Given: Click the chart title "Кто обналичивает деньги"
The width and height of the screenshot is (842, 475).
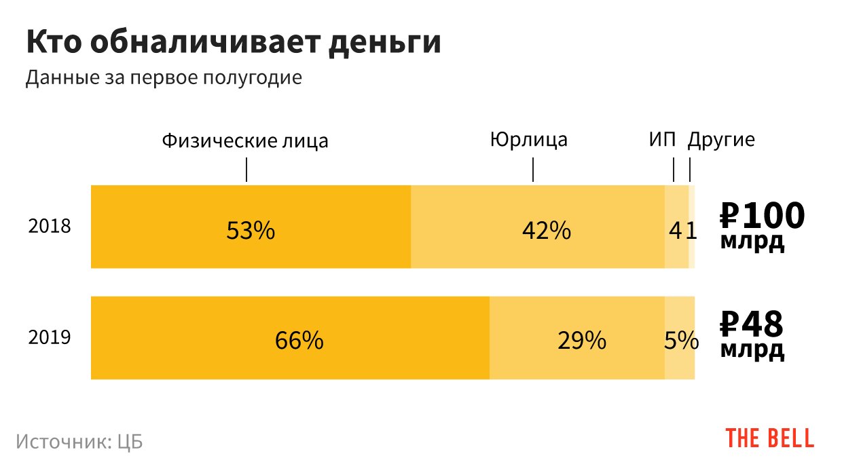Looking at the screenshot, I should tap(234, 43).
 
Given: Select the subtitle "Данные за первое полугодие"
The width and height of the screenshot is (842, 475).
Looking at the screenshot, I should tap(163, 78).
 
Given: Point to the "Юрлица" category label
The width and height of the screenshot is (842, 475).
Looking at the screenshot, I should tap(528, 140).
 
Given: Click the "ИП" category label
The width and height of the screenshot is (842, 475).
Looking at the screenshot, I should tap(662, 140).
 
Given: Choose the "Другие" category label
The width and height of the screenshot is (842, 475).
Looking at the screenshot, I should tap(721, 140).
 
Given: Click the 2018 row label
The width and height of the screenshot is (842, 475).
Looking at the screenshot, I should tap(49, 226).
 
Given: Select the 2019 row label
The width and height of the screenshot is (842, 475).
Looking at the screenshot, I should tap(49, 337).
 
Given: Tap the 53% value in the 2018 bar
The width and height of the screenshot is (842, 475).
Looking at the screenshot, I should tap(250, 231).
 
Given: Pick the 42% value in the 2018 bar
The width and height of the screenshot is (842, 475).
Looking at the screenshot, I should tap(546, 231).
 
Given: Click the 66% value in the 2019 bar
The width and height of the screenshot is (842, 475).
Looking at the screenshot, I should tap(299, 340).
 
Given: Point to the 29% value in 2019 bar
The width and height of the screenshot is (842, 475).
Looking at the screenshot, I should tap(581, 340).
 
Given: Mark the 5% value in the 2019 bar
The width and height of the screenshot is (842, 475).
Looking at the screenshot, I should tap(680, 340).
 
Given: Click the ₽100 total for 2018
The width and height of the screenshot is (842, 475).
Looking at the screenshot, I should tap(762, 216).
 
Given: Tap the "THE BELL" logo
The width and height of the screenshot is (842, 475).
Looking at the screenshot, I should tap(769, 438).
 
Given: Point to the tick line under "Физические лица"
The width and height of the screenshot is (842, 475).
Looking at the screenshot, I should tap(246, 170).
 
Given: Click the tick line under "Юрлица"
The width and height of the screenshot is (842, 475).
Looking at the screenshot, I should tap(533, 170).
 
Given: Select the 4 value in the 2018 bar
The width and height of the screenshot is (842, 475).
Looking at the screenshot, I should tap(675, 231).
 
